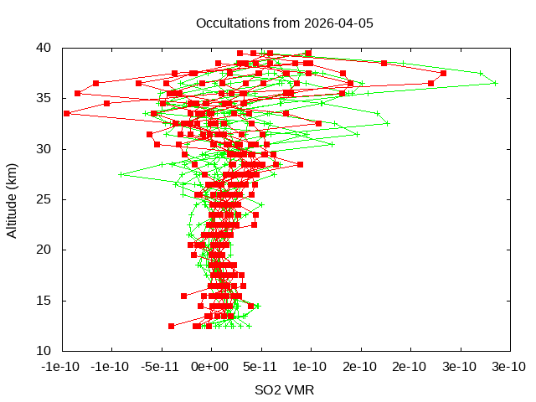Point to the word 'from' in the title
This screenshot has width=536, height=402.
(283, 23)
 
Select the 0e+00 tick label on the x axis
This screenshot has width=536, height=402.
(210, 367)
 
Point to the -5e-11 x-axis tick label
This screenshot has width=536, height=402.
(158, 367)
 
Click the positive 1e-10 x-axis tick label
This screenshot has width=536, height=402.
(310, 367)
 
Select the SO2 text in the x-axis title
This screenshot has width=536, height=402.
(268, 390)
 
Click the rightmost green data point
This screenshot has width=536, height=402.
(495, 83)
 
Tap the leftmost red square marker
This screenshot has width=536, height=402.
(66, 113)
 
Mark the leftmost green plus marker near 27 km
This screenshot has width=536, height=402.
(121, 174)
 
